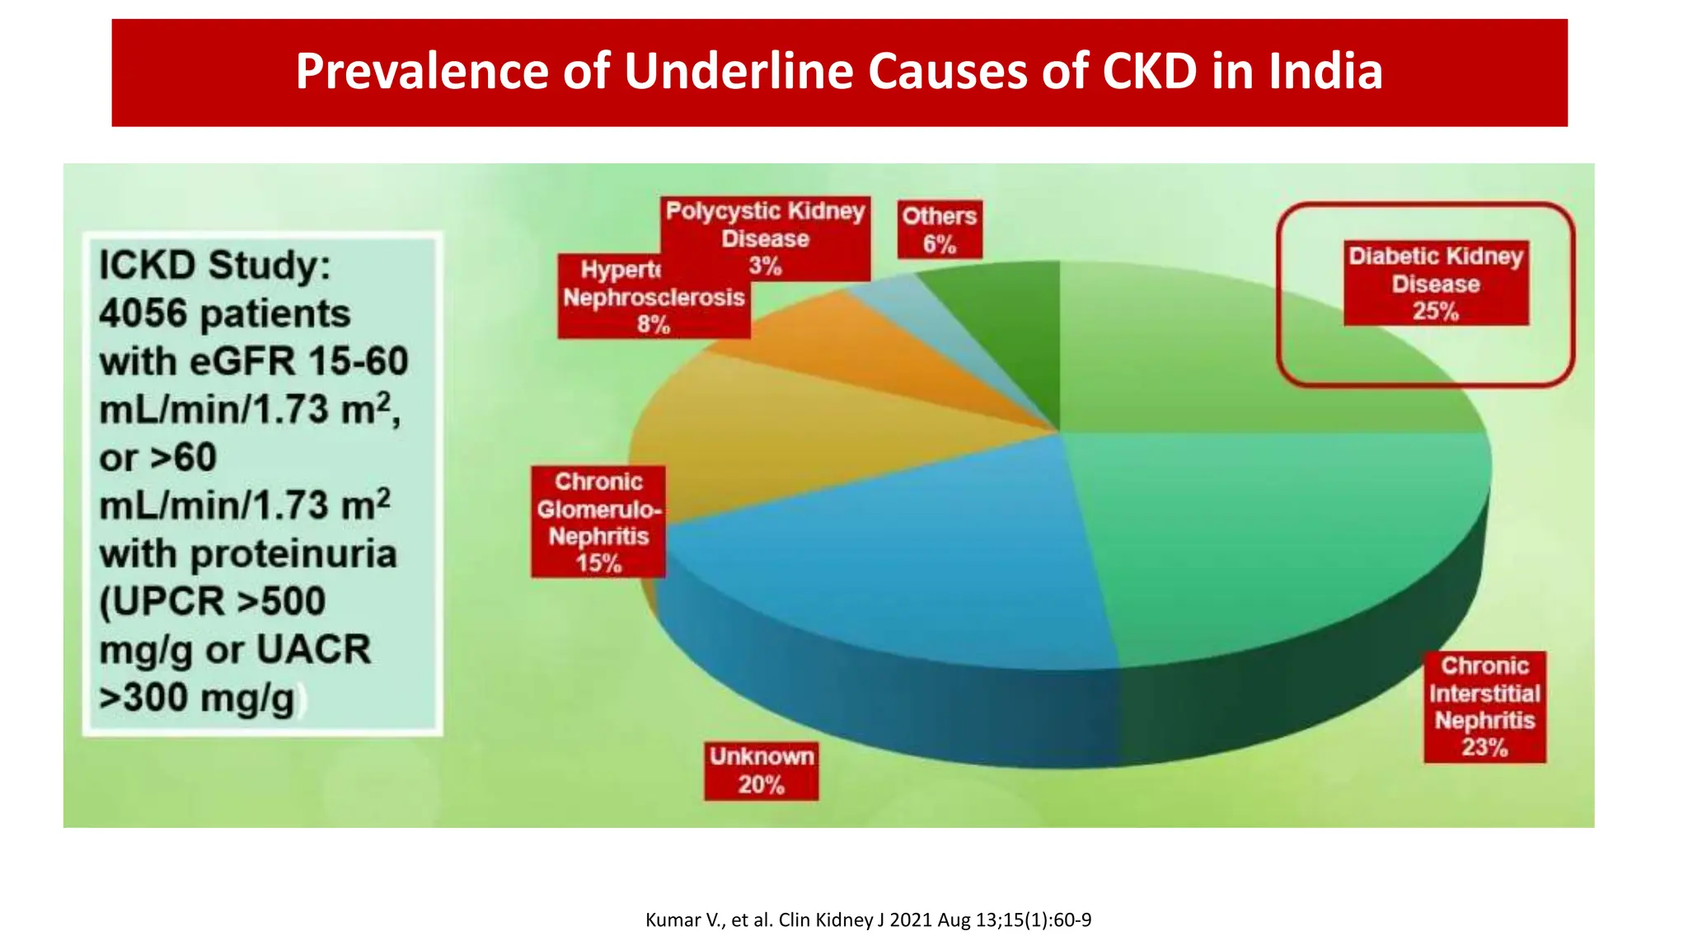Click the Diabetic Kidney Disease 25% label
coord(1435,283)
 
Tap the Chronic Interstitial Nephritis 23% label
coord(1484,707)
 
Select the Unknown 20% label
coord(761,770)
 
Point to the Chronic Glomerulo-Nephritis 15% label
coord(598,522)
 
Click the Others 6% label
coord(939,229)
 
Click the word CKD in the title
coord(1149,71)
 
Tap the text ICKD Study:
coord(214,266)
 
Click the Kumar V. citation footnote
coord(868,919)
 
